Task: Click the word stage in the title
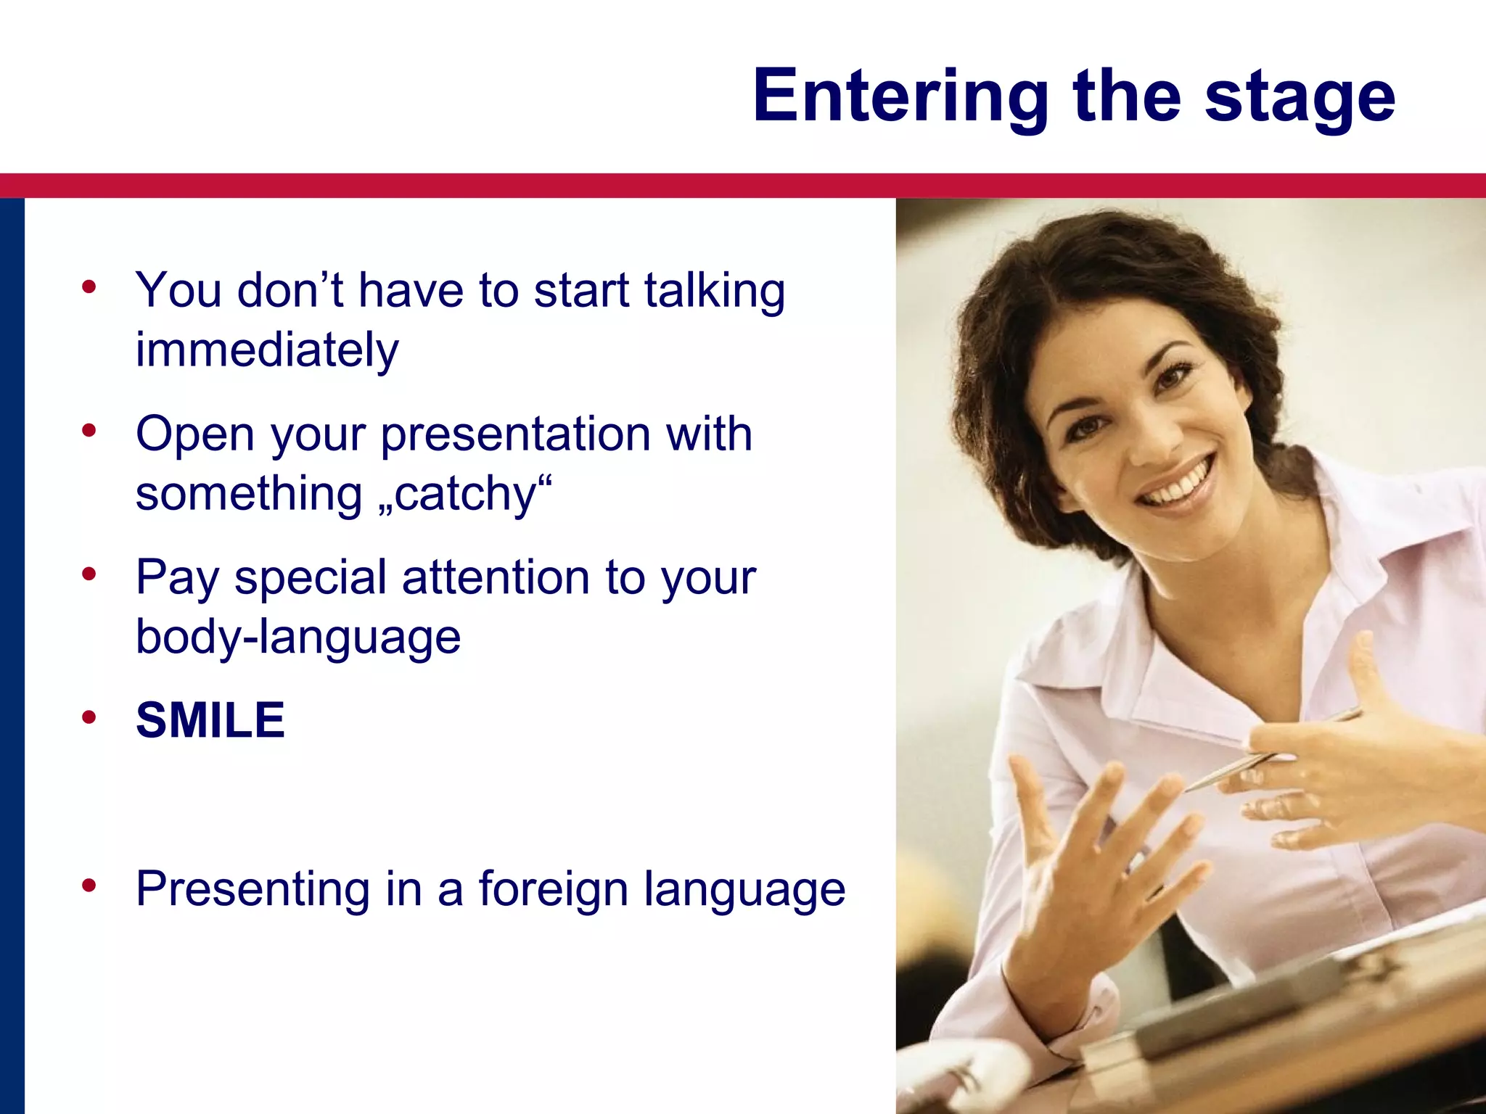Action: [x=1300, y=96]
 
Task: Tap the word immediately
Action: [x=267, y=350]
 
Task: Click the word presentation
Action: [x=515, y=435]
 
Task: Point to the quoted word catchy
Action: [x=464, y=495]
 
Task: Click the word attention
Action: [x=496, y=579]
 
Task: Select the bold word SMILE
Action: [x=210, y=721]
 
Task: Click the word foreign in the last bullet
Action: [x=553, y=889]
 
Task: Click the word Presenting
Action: [x=253, y=889]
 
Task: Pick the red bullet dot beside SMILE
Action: [x=89, y=718]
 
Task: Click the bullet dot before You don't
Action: [x=89, y=287]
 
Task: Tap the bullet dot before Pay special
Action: [x=89, y=574]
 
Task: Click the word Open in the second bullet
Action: [x=195, y=435]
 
